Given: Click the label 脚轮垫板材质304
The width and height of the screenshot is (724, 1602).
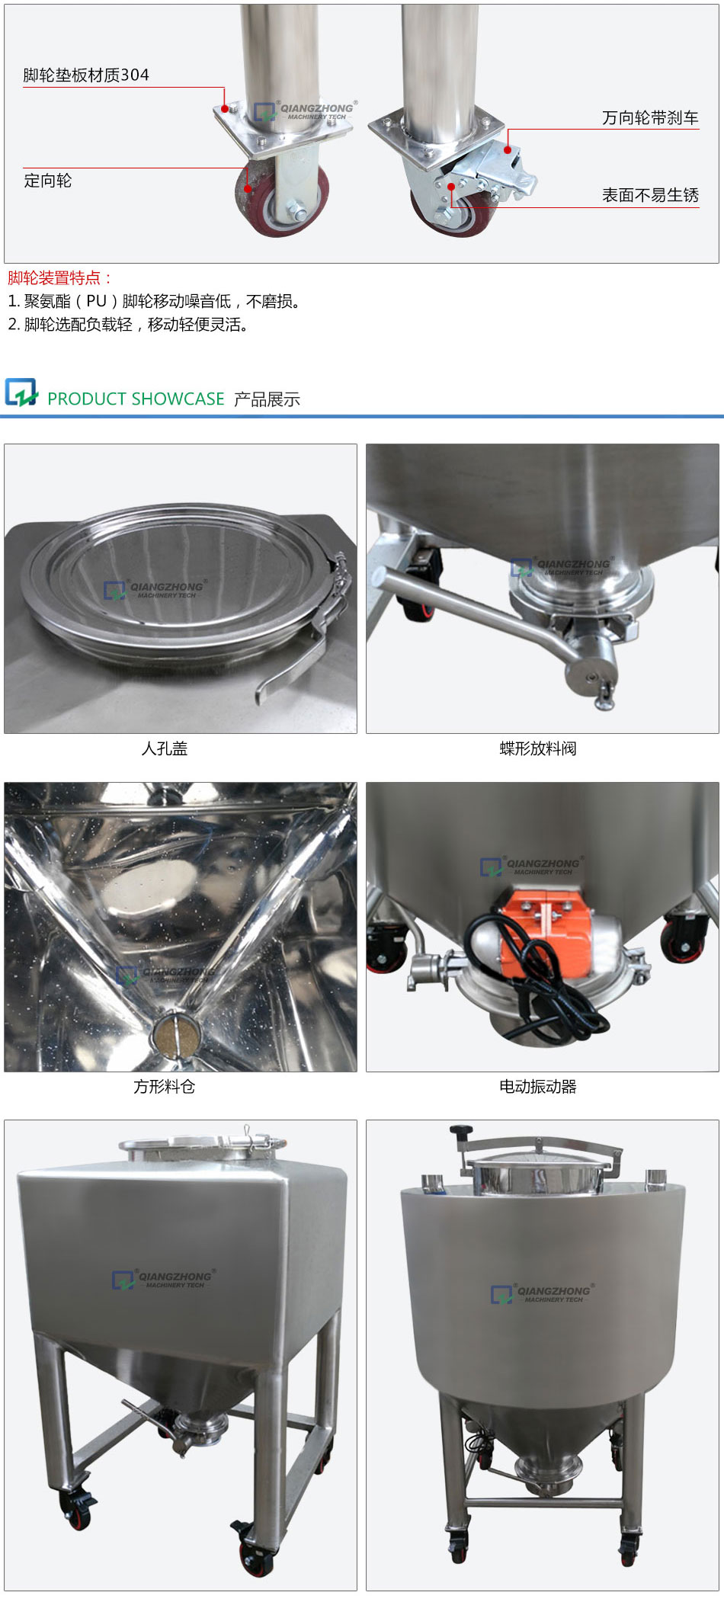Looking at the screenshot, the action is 86,75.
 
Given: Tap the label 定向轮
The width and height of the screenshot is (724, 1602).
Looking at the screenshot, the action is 47,181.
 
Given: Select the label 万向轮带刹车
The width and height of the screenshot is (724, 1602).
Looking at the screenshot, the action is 650,118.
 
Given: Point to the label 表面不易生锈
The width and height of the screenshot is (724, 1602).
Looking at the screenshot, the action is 650,195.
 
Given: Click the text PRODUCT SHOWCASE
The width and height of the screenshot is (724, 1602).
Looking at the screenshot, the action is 136,399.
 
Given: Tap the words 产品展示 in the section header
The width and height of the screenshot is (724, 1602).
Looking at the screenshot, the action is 267,399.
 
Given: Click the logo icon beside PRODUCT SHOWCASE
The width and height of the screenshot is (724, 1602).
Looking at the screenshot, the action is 21,392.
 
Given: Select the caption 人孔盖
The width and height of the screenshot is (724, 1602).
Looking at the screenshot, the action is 165,748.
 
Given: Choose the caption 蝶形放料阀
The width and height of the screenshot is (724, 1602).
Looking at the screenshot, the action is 538,748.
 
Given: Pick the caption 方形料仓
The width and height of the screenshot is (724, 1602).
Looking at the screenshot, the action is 165,1087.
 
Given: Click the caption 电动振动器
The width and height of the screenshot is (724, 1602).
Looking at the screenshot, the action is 538,1087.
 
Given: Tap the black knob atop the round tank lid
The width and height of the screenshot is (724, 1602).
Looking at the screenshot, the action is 460,1133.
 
